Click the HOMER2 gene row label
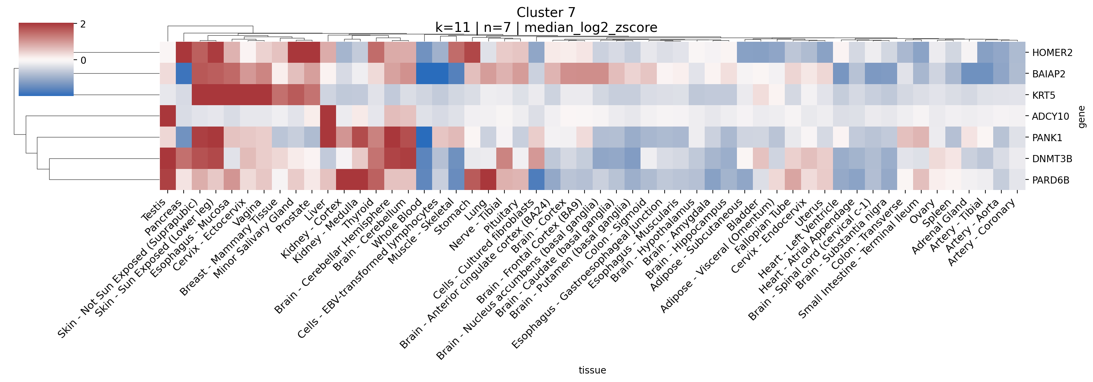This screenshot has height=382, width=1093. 1052,53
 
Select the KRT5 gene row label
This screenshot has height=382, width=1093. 1043,95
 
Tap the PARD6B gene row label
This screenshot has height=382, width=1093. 1050,180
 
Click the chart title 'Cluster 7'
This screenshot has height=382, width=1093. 546,13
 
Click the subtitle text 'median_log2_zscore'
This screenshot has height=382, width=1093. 591,28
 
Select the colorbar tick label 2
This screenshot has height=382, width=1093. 83,24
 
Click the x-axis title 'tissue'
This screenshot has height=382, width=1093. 592,370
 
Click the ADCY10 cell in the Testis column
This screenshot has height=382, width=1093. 168,116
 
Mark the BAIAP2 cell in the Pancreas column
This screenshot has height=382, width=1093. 184,74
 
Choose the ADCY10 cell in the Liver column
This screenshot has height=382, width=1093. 328,116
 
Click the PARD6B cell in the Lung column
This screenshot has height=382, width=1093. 487,180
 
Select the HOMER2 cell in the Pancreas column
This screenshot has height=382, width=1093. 184,53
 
